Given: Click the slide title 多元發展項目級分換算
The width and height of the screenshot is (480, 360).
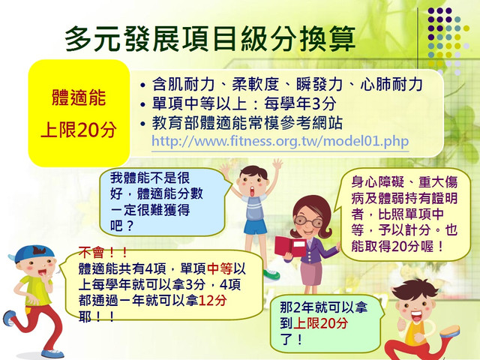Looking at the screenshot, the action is (x=210, y=38).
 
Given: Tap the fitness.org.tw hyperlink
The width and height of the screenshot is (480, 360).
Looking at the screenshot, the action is (x=280, y=141).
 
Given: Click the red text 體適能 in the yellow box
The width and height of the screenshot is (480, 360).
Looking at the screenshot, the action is (x=79, y=97).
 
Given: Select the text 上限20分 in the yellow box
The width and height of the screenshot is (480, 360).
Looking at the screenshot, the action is (x=79, y=130).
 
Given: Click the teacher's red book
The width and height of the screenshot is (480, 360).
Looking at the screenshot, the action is (x=290, y=247).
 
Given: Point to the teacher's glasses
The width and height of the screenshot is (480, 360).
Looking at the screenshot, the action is (x=308, y=221).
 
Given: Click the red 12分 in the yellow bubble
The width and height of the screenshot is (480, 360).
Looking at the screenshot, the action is (x=213, y=300).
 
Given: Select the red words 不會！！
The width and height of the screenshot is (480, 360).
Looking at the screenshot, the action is (x=103, y=253).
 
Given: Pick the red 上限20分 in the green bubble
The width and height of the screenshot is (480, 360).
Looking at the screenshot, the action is (x=320, y=323).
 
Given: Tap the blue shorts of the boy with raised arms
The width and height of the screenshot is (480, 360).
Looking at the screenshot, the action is (x=255, y=226).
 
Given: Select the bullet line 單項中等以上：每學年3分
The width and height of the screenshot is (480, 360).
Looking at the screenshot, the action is (x=238, y=103).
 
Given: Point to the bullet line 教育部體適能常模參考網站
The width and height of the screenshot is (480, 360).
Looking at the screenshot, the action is (x=241, y=123).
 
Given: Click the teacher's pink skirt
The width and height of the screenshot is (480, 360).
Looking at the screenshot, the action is (x=311, y=273).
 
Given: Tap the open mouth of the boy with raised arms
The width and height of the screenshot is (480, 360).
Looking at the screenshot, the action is (x=252, y=192).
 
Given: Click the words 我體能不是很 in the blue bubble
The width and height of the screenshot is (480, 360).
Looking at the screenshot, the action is (x=150, y=178).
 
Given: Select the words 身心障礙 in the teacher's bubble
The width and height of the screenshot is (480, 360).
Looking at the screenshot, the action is (x=378, y=181).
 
